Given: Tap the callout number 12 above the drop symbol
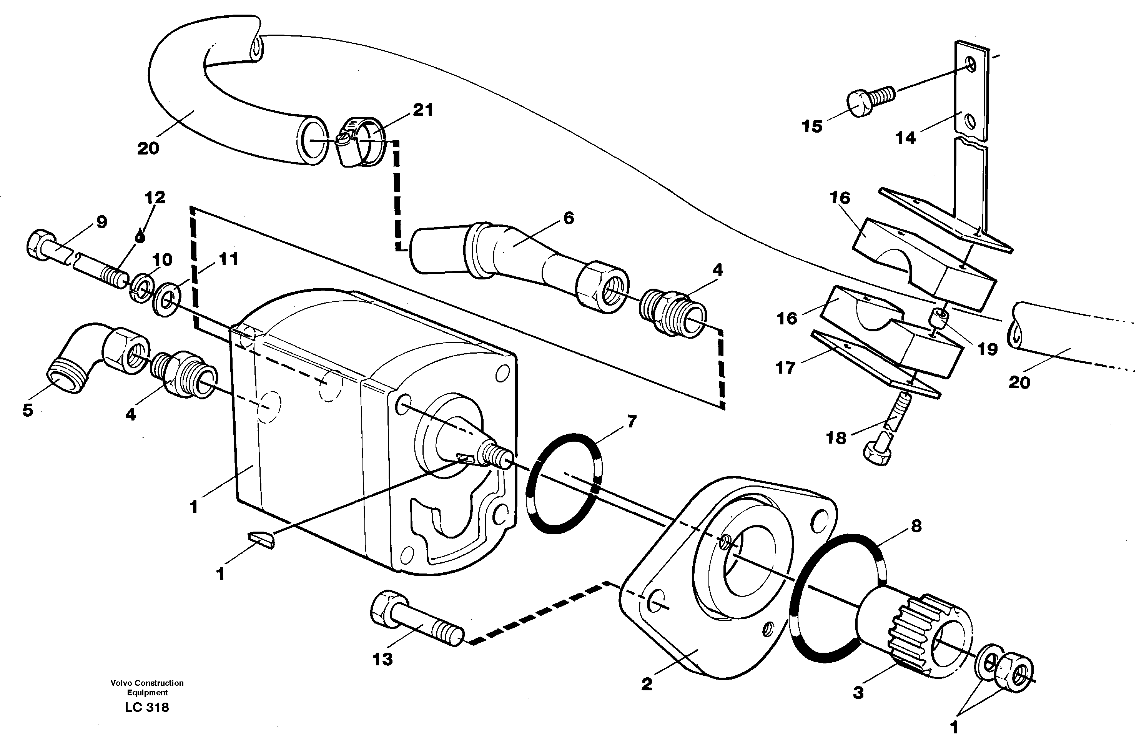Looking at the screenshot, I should (x=155, y=197).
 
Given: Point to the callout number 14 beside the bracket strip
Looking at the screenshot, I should (x=905, y=138).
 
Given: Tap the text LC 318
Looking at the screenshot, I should (x=147, y=707).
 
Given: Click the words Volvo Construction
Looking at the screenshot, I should (x=147, y=683).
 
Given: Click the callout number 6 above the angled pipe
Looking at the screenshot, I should (x=569, y=218).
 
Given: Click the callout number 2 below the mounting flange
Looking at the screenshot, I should (x=647, y=684).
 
